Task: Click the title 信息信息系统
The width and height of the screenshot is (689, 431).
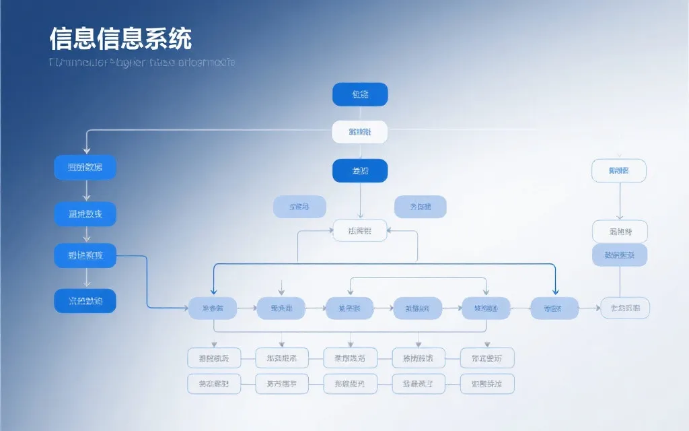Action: pos(120,38)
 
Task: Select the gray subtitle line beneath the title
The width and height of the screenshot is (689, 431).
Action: pos(142,63)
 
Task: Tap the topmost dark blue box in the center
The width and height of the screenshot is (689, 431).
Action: pos(360,94)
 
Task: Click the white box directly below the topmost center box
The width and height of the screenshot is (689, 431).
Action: pos(360,132)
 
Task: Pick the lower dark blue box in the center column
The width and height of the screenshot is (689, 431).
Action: pos(360,171)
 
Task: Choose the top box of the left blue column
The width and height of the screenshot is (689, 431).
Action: pos(85,167)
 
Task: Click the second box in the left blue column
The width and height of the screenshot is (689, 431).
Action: pos(85,214)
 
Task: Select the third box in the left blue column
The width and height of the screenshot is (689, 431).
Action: pos(85,256)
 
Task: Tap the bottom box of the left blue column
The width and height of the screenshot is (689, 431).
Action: pos(85,301)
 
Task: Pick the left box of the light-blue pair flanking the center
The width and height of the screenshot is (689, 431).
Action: pos(299,207)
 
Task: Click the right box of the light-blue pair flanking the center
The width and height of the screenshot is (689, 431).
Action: pos(420,207)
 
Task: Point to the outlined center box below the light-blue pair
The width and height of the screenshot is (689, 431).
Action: pos(360,231)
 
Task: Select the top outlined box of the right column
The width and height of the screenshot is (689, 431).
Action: pos(618,171)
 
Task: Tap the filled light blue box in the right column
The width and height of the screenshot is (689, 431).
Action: pos(619,255)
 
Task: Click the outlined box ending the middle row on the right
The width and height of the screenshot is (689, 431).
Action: pos(625,308)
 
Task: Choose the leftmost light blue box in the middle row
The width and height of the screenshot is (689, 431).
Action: pos(213,308)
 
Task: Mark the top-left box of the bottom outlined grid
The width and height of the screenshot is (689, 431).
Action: pos(214,358)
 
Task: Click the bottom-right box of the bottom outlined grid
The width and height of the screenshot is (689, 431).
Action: pos(487,384)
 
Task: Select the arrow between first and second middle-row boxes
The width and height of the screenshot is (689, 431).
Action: pos(246,308)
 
